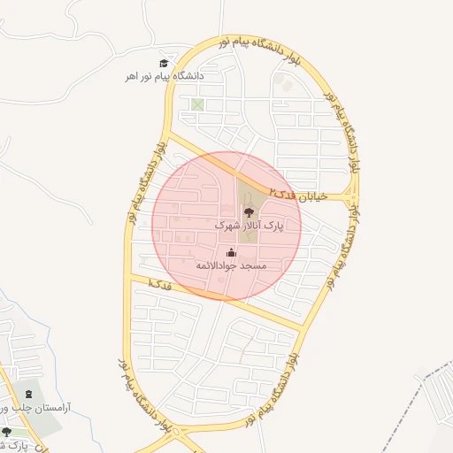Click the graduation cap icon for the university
[x=163, y=63]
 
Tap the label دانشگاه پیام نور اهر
[x=165, y=77]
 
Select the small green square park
[x=197, y=105]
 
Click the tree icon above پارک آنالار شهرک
[x=249, y=212]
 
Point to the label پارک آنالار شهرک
[x=250, y=226]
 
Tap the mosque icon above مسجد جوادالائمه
[x=231, y=253]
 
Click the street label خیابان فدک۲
[x=300, y=195]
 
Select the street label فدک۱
[x=159, y=285]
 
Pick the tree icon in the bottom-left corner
[x=7, y=432]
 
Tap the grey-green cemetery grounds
[x=44, y=421]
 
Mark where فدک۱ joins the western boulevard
[x=131, y=279]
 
